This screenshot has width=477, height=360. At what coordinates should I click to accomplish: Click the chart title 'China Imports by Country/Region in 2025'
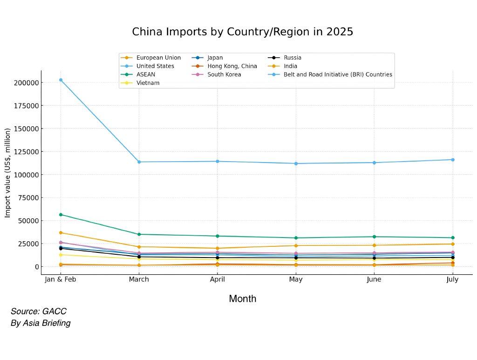(x=242, y=32)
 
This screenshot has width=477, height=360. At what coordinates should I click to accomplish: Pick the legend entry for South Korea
(x=224, y=75)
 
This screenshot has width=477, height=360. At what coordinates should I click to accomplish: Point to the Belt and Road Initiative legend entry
(x=337, y=75)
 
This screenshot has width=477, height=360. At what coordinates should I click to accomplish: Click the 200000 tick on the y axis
(x=26, y=83)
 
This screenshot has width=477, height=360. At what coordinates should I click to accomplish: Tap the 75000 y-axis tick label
(x=28, y=197)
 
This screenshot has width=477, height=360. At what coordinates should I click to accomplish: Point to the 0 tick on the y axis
(x=35, y=266)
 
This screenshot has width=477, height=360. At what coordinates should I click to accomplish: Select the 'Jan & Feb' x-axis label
(x=61, y=279)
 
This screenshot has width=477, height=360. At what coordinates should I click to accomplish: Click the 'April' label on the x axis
(x=217, y=279)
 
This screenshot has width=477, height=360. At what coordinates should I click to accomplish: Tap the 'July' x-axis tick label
(x=452, y=279)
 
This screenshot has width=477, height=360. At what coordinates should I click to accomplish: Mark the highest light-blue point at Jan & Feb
(x=61, y=80)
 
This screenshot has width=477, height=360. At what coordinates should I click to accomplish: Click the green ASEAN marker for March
(x=139, y=234)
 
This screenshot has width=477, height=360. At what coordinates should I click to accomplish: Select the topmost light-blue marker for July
(x=452, y=160)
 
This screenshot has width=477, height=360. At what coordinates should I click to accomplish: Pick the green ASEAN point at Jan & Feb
(x=61, y=215)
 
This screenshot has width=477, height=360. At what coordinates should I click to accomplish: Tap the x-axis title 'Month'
(x=242, y=299)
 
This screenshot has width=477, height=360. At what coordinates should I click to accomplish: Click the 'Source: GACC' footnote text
(x=39, y=312)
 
